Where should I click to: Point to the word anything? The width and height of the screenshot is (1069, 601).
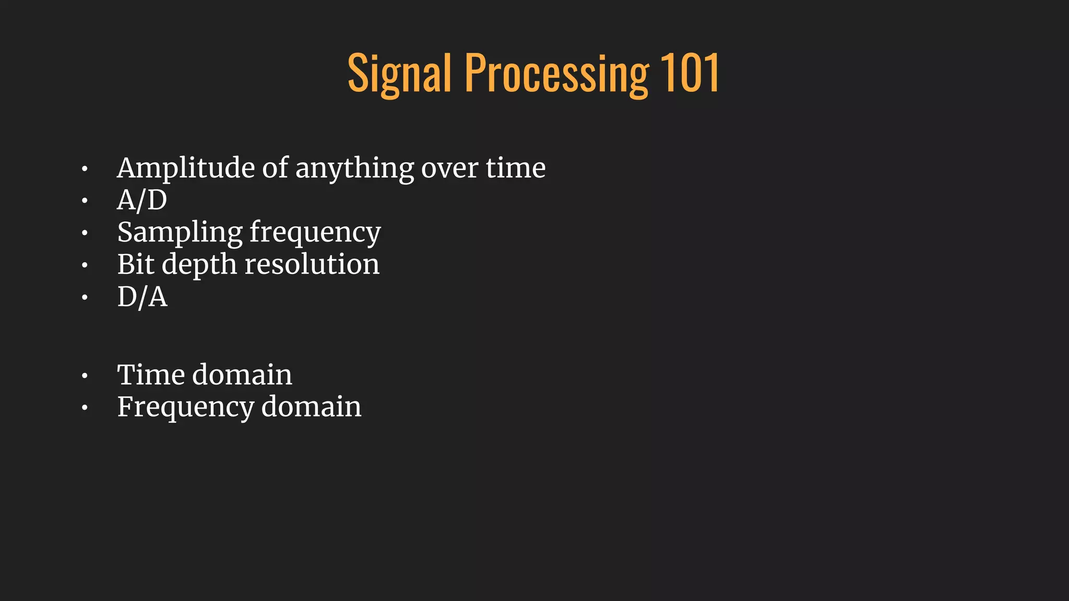[354, 169]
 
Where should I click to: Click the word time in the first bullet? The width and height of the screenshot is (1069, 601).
[516, 168]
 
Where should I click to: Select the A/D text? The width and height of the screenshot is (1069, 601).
[142, 200]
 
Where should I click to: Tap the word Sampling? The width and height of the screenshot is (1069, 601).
[180, 233]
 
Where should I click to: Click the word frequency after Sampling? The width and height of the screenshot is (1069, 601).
[315, 233]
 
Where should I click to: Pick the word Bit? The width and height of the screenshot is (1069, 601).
[135, 264]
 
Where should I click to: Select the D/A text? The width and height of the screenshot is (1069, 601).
[142, 297]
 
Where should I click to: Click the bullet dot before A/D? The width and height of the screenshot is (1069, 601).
[85, 201]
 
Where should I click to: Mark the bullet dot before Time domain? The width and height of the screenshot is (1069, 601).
[85, 376]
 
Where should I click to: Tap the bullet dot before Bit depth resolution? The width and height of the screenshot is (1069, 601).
[85, 266]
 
